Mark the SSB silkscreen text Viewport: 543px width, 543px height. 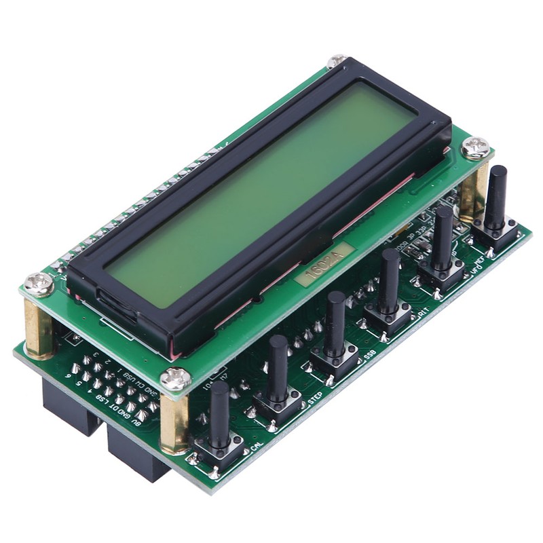pyautogui.click(x=370, y=354)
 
